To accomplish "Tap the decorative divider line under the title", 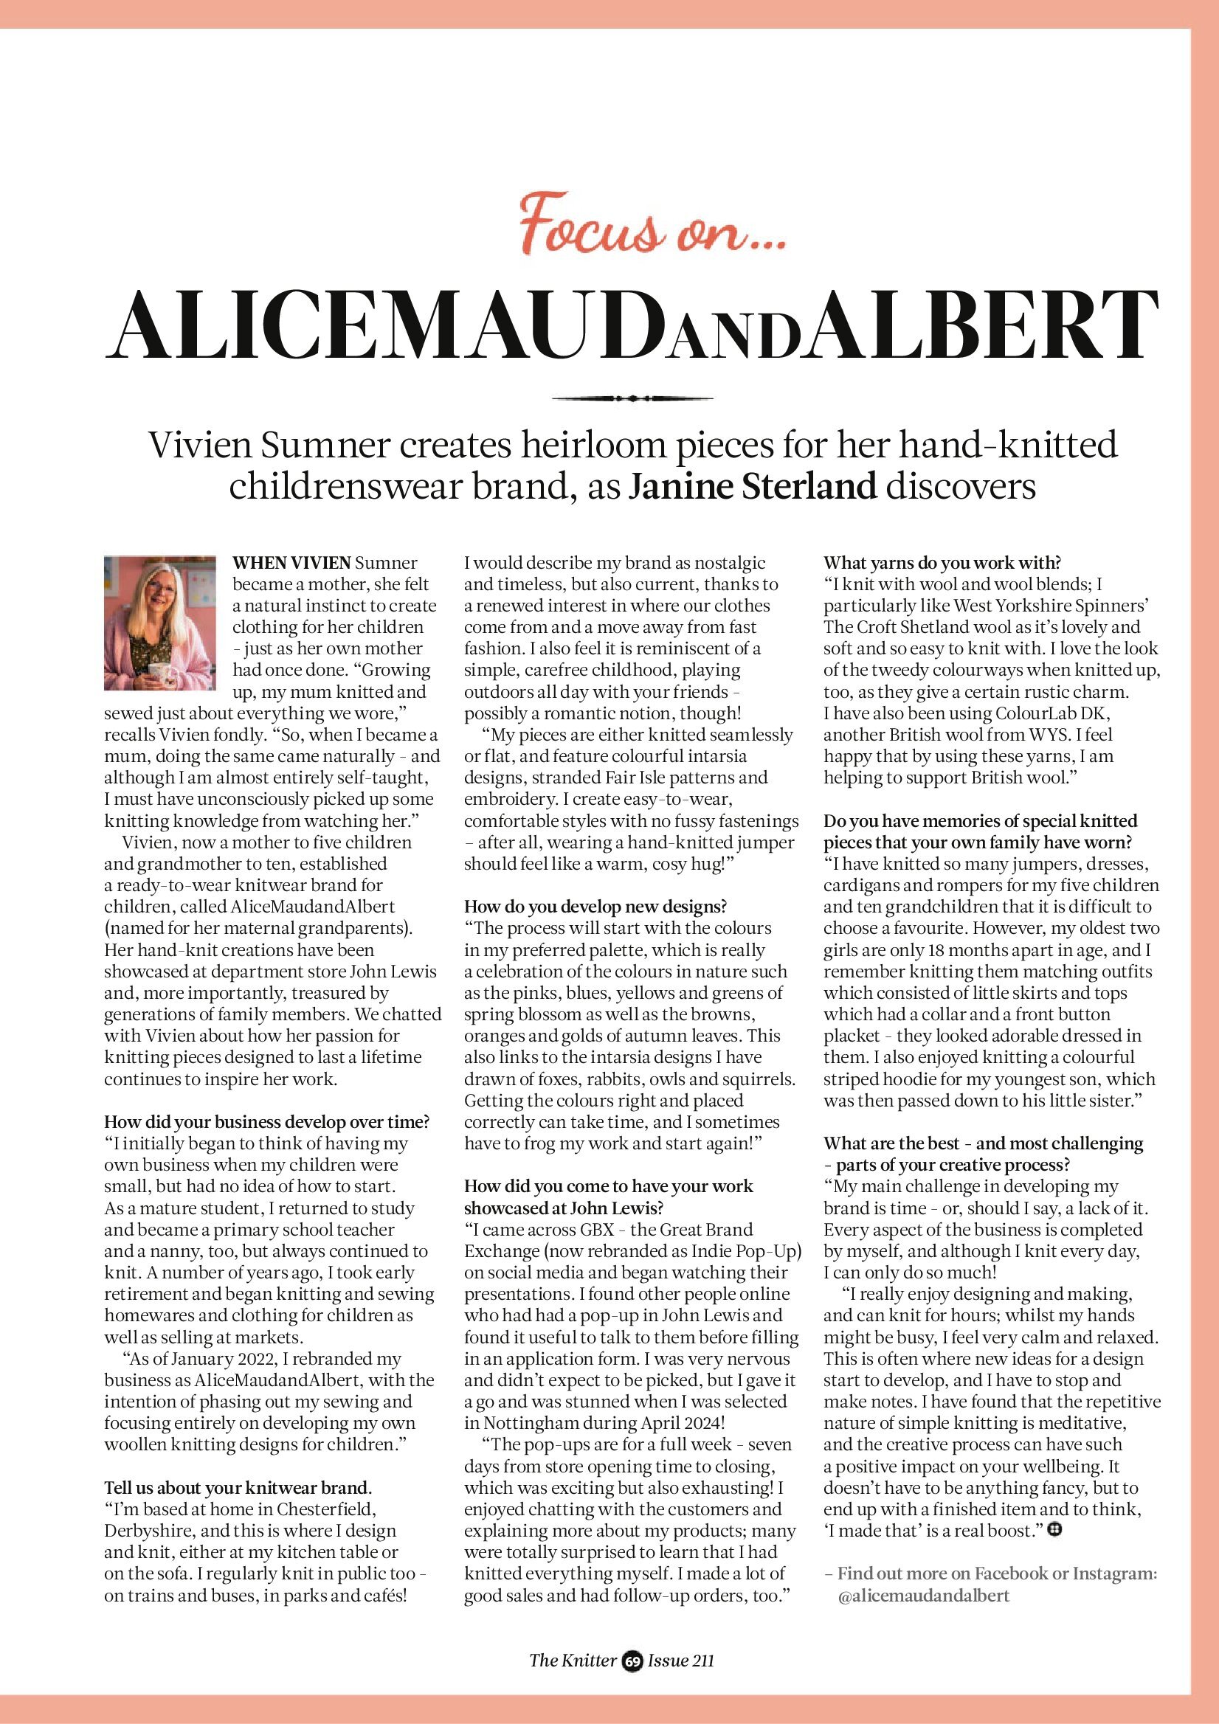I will tap(632, 398).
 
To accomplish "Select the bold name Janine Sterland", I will tap(752, 487).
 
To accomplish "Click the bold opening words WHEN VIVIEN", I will tap(291, 562).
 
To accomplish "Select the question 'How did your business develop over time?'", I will tap(266, 1122).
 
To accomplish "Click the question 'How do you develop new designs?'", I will tap(595, 907).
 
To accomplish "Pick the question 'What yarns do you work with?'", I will tap(942, 562).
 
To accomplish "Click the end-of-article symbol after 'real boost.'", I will tap(1054, 1529).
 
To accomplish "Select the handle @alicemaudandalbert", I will tap(923, 1596).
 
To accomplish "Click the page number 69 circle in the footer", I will tap(632, 1662).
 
